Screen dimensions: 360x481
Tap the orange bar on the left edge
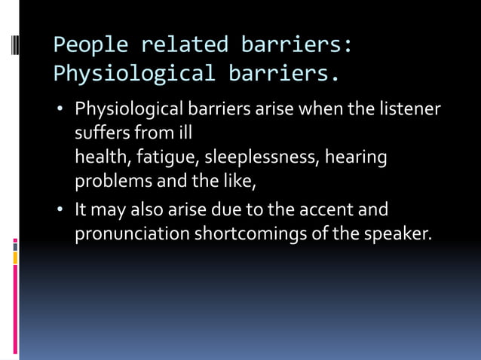15,258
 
